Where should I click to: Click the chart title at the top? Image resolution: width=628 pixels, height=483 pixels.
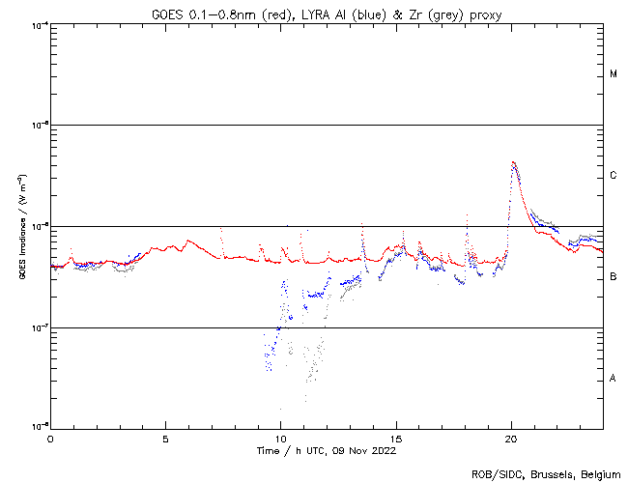[328, 13]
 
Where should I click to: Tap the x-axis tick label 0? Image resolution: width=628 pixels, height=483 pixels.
[50, 439]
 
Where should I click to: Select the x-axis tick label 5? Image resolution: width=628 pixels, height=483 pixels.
[165, 439]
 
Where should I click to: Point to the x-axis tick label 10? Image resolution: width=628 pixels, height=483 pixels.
[280, 439]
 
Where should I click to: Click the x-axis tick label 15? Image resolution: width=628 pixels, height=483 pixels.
[396, 439]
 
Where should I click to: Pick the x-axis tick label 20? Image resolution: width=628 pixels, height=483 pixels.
[511, 439]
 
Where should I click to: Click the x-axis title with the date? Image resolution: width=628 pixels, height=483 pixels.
[327, 450]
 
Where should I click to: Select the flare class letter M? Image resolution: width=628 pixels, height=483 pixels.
[614, 74]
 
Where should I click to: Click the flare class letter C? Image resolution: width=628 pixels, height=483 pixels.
[614, 176]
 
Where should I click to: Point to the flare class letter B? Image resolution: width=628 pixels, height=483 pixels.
[614, 277]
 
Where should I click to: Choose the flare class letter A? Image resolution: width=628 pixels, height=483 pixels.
[614, 379]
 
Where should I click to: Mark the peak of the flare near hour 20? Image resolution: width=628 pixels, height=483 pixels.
[513, 162]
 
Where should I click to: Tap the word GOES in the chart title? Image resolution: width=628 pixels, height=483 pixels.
[168, 13]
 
